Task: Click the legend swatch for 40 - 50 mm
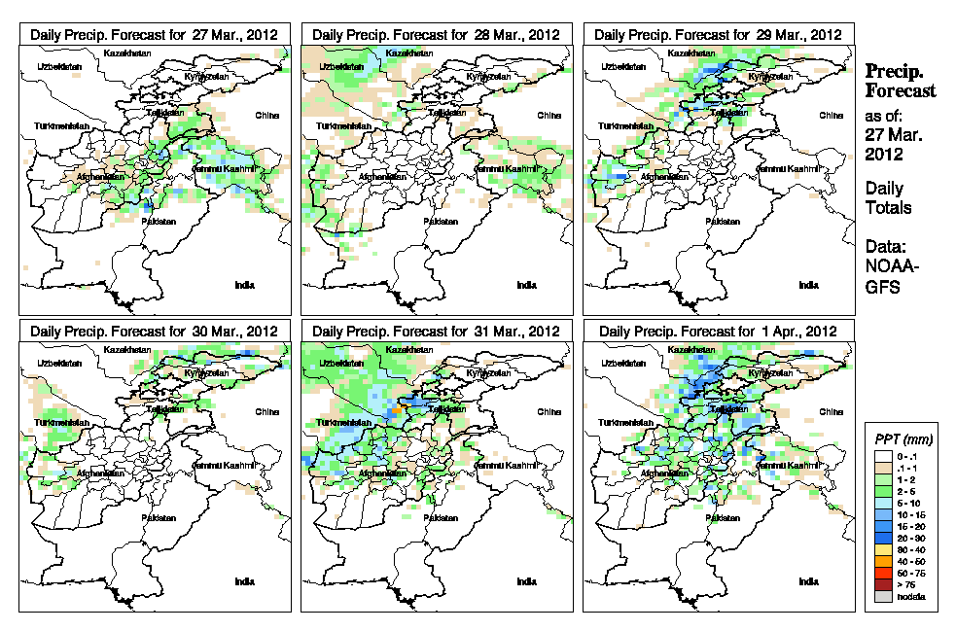point(878,562)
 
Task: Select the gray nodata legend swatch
point(878,596)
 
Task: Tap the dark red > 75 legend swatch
point(878,584)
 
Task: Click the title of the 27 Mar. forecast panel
point(154,34)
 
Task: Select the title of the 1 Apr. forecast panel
point(718,331)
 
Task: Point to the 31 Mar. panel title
point(436,331)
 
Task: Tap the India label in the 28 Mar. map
point(525,285)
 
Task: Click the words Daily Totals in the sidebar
point(888,197)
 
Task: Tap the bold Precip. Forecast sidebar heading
point(900,81)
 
